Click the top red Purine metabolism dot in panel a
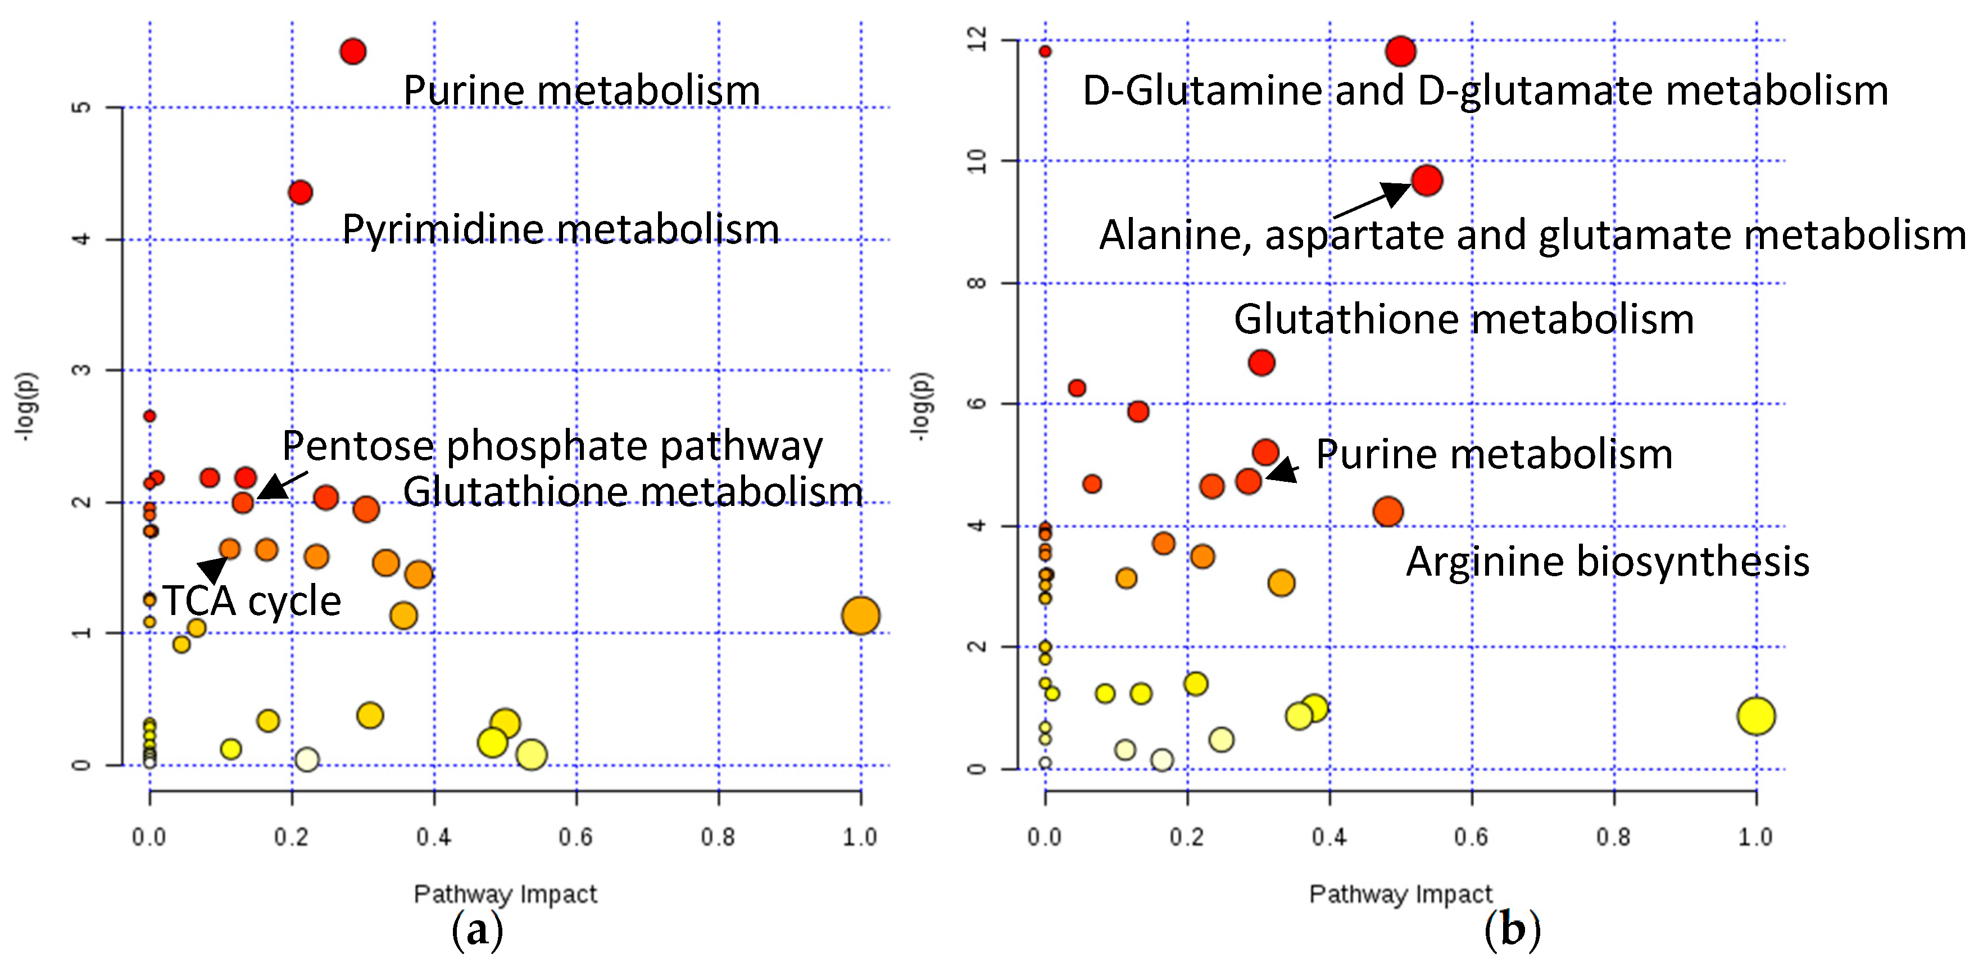pyautogui.click(x=352, y=51)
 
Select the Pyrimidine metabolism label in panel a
pyautogui.click(x=560, y=228)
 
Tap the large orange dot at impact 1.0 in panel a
pyautogui.click(x=860, y=615)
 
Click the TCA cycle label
pyautogui.click(x=251, y=600)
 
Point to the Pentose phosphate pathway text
pyautogui.click(x=552, y=445)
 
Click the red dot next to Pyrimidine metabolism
pyautogui.click(x=301, y=192)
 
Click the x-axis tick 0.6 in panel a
pyautogui.click(x=575, y=837)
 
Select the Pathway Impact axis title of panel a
pyautogui.click(x=505, y=894)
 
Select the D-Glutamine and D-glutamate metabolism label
pyautogui.click(x=1485, y=91)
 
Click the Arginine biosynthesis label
pyautogui.click(x=1607, y=561)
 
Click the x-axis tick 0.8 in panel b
pyautogui.click(x=1613, y=837)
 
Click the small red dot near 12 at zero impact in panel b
pyautogui.click(x=1045, y=51)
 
